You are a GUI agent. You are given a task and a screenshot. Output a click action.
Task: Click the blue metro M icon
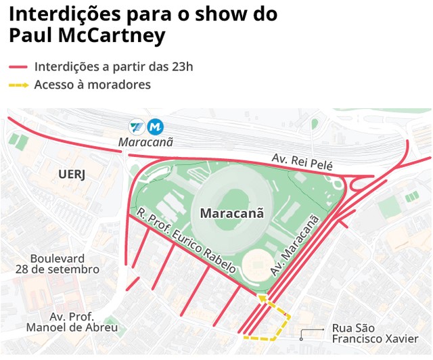156,127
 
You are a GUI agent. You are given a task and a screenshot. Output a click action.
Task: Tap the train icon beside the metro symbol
138,127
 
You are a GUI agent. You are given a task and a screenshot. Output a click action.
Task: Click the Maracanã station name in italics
146,142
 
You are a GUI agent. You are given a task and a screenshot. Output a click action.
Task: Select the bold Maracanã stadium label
231,213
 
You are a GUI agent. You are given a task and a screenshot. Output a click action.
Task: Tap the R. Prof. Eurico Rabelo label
185,240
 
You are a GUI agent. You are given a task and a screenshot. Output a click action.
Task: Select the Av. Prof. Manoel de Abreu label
72,322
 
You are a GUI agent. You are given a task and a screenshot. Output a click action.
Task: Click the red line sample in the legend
18,67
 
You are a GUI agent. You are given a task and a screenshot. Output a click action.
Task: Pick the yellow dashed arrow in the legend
18,85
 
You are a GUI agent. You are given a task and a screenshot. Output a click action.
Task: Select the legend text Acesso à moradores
92,85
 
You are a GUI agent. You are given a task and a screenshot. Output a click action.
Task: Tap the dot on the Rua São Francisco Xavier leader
302,331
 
